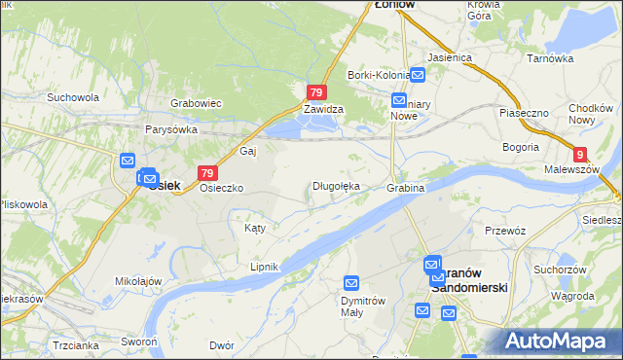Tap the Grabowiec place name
198,102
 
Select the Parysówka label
171,129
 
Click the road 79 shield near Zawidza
315,92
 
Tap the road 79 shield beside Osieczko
206,172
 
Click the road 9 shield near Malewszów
580,154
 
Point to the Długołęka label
336,186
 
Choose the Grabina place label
406,187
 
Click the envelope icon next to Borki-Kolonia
417,74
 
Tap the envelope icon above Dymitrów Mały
351,283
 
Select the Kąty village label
254,228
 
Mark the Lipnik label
264,267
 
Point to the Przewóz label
505,231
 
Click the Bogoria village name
521,147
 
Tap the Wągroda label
574,296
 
